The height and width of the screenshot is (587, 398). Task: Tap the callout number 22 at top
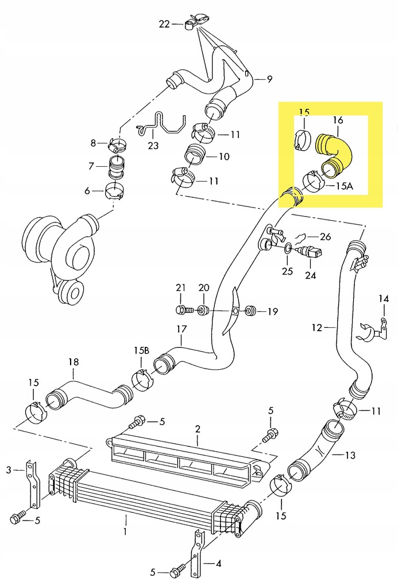click(x=165, y=24)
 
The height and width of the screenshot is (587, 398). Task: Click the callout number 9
click(x=269, y=80)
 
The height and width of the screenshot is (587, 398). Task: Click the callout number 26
click(x=325, y=236)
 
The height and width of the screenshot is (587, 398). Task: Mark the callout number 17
click(x=181, y=330)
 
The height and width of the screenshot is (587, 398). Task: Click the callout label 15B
click(x=142, y=350)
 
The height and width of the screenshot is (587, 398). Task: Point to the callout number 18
click(x=73, y=362)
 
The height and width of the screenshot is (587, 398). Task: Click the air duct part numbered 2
click(x=184, y=456)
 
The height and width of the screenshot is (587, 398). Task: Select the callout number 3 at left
click(x=9, y=470)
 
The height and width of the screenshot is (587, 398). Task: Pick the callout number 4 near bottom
click(x=218, y=563)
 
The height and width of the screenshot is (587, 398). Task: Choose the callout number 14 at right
click(x=384, y=298)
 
